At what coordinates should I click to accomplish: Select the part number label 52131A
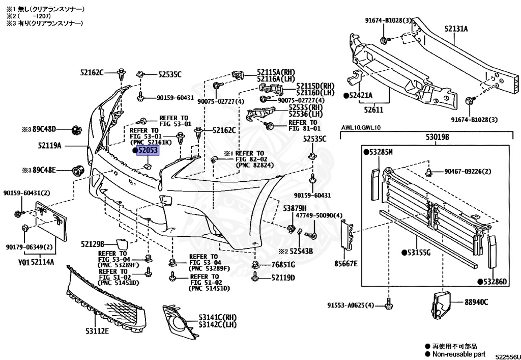click(x=456, y=29)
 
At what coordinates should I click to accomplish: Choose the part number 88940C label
click(x=475, y=302)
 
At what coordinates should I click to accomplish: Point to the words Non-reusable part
click(x=458, y=354)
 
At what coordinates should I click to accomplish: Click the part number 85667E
click(x=346, y=263)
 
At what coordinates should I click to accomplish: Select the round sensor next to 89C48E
click(x=78, y=170)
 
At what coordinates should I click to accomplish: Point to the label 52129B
click(x=92, y=244)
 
